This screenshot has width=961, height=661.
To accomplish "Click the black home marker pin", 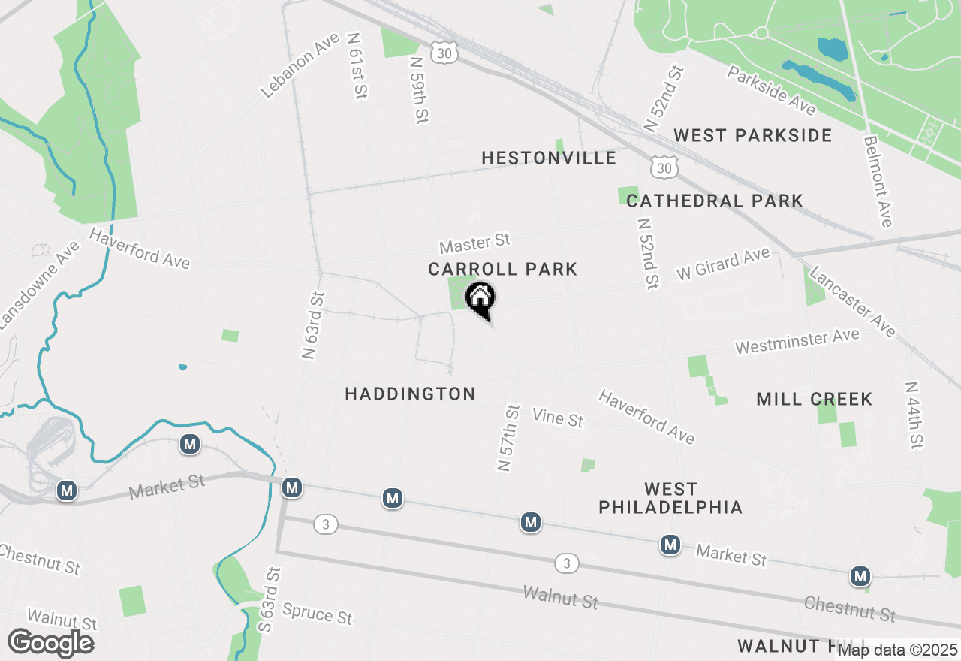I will point(480,298).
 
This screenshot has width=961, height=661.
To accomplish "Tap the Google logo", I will point(50,644).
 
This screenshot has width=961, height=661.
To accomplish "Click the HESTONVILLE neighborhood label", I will point(549,158).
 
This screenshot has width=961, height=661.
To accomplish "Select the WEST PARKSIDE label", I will point(752,135).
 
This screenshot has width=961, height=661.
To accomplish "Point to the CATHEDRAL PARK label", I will point(715,201).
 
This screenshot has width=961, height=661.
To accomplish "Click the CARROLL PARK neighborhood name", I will point(502,269).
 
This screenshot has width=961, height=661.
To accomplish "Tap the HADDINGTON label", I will point(410,394).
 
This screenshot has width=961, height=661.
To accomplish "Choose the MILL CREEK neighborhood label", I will point(815,399).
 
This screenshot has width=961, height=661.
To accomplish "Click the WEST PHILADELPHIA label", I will point(670,499).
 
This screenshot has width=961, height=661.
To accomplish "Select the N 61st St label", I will point(357,65).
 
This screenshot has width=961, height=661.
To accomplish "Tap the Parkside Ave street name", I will point(771,90).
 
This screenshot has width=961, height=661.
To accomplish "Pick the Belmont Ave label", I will point(878,181).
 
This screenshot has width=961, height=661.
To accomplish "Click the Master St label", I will point(474,243).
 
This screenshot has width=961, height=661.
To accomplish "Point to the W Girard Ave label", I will point(723,264).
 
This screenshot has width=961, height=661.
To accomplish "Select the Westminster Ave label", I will point(797,341).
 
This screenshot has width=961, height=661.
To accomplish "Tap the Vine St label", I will point(557,417).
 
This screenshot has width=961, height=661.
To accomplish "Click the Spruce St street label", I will point(317,614).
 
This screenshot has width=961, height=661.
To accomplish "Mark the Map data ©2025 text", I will point(897,650).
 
